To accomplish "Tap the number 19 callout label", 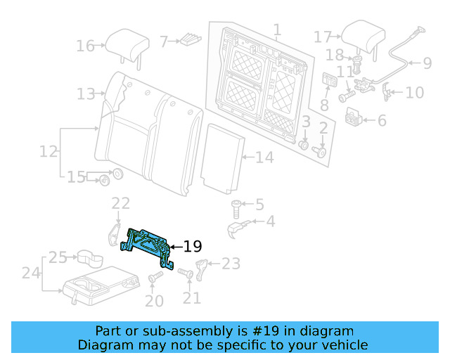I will coord(193,247).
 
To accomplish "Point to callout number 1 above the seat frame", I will coord(277,30).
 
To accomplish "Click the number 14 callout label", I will coord(264,157).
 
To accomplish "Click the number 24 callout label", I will coord(29,273).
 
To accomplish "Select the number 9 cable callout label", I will coord(427,63).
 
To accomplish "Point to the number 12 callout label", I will coord(48,151).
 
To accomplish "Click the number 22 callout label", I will coord(121,203).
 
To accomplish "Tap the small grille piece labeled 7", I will coord(191,40).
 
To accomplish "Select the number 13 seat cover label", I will coord(86,94).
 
